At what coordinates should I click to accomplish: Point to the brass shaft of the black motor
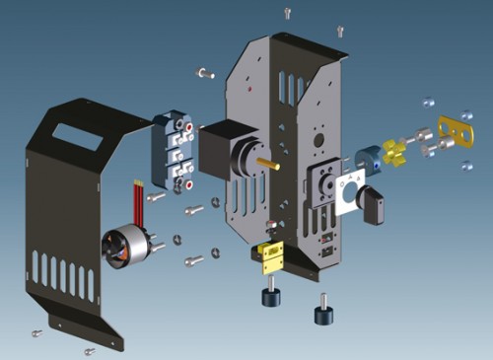[268, 162]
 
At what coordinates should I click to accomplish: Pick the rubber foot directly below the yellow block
[266, 296]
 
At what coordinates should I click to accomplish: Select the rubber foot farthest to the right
[322, 314]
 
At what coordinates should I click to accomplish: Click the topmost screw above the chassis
[288, 14]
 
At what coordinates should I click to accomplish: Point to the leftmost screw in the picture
[37, 332]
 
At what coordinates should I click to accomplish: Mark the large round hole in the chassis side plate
[245, 158]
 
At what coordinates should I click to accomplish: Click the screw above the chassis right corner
[340, 31]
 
